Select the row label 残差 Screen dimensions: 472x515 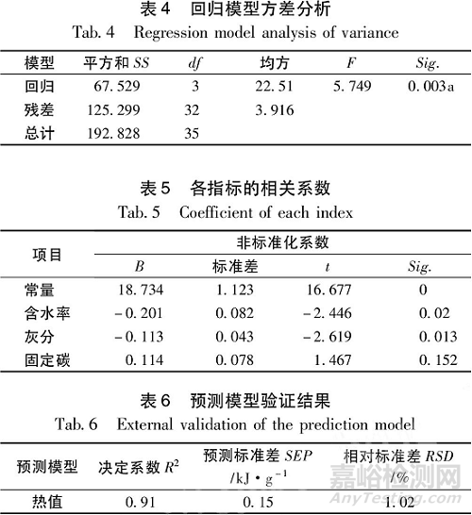(x=42, y=109)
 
